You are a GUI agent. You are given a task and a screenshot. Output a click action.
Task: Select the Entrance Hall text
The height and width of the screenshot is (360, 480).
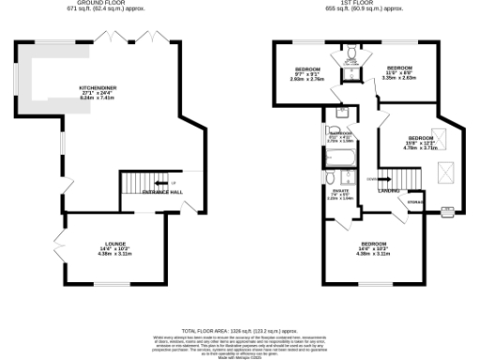click(161, 192)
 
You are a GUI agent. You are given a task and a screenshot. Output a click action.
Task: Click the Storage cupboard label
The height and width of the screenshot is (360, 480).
click(414, 202)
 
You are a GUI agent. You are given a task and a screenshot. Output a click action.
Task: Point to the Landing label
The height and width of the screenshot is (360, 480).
click(385, 192)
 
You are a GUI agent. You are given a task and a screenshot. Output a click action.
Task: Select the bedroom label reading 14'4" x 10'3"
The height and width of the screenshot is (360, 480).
click(373, 249)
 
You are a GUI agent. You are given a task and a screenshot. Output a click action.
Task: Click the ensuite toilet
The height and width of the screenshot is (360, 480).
click(330, 177)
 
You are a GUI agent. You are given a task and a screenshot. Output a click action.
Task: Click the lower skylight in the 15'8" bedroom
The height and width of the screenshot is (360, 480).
click(444, 171)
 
